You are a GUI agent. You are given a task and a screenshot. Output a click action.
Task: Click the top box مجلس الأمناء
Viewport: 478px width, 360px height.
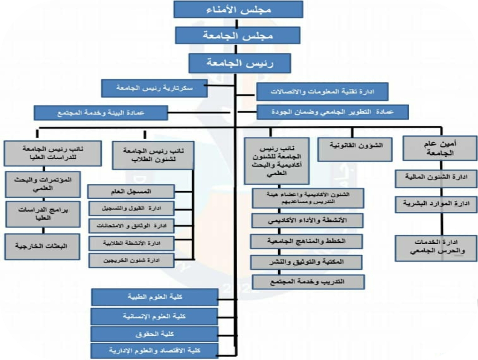click(238, 9)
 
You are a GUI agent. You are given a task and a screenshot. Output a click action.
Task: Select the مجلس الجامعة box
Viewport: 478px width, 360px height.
click(238, 35)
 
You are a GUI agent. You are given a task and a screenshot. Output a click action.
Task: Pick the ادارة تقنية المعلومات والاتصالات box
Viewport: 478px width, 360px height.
click(322, 91)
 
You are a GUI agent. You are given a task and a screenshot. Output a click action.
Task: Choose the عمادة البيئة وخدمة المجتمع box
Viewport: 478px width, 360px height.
click(101, 113)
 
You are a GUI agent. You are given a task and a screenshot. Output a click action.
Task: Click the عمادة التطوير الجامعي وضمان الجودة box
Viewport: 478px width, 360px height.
click(333, 112)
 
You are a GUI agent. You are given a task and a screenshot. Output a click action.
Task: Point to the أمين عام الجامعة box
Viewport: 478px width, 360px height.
click(440, 148)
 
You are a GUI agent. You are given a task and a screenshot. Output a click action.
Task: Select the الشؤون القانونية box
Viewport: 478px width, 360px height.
click(355, 148)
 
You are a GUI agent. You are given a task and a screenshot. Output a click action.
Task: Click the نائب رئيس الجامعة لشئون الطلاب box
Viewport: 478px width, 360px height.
click(153, 155)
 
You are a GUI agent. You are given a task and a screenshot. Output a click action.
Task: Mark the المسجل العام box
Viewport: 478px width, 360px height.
click(131, 192)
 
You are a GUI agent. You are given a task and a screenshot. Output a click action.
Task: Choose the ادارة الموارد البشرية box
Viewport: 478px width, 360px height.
click(436, 204)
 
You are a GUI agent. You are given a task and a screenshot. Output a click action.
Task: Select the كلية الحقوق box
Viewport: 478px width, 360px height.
click(154, 334)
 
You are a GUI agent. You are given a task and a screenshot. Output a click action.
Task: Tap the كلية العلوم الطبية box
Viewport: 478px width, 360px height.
click(154, 297)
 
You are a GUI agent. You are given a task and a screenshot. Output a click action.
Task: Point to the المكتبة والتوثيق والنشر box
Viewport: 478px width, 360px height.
click(306, 262)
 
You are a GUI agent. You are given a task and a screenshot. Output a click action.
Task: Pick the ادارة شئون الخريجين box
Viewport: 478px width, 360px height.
click(131, 260)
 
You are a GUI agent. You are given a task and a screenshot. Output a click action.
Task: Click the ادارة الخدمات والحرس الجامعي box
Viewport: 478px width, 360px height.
click(436, 248)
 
